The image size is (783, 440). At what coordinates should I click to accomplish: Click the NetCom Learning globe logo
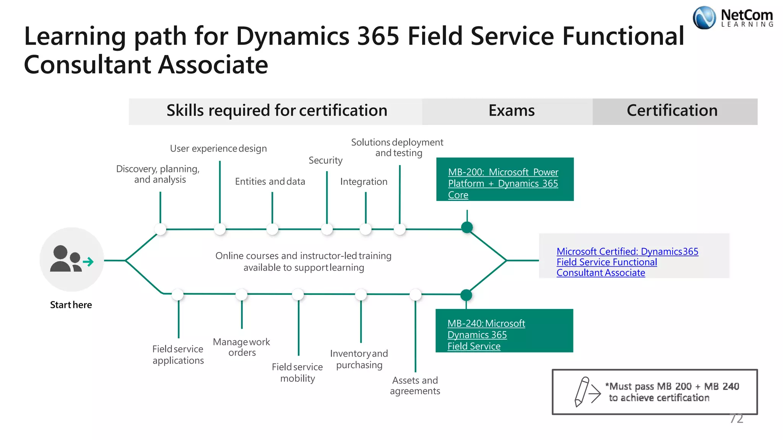[x=704, y=18]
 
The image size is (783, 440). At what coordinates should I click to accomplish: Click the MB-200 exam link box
[x=504, y=180]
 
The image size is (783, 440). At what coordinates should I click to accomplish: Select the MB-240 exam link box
[x=504, y=331]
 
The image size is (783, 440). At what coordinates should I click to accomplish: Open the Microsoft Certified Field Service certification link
[x=627, y=262]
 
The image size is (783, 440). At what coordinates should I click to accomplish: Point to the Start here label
[x=71, y=305]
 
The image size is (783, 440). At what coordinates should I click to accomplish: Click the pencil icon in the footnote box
[x=582, y=391]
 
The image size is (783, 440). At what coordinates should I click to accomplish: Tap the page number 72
[x=736, y=419]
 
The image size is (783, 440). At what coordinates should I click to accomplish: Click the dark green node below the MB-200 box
[x=467, y=228]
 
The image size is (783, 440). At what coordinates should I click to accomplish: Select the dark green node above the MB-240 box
[x=466, y=295]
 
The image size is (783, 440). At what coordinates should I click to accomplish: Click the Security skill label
[x=325, y=160]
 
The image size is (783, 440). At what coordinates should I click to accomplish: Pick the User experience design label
[x=218, y=149]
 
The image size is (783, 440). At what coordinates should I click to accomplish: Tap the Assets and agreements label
[x=415, y=386]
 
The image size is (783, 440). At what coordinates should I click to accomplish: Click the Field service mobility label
[x=297, y=373]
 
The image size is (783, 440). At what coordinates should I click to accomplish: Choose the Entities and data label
[x=270, y=181]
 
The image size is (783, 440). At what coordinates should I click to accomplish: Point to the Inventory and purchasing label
[x=359, y=359]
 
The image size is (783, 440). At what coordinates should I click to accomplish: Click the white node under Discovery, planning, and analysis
[x=160, y=229]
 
